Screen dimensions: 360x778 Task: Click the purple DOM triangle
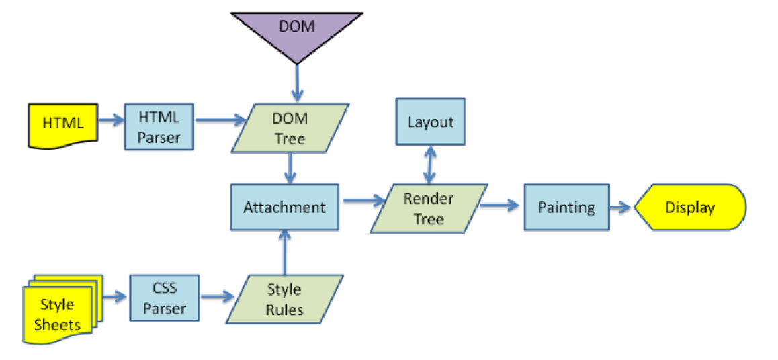click(297, 30)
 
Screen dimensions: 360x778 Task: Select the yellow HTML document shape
click(63, 124)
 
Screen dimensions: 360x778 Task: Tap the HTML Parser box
click(159, 127)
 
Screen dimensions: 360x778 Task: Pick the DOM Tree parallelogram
click(290, 128)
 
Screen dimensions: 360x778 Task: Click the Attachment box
click(284, 208)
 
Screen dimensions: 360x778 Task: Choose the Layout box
click(431, 122)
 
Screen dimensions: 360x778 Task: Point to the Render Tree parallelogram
click(429, 209)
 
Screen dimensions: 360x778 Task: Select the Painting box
click(566, 207)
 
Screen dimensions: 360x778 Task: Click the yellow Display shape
click(689, 208)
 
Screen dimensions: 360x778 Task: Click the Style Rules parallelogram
click(285, 300)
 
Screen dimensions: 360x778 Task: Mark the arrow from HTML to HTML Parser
click(111, 121)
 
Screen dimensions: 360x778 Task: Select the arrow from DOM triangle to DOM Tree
click(296, 83)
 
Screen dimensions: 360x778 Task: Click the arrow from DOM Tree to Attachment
click(290, 168)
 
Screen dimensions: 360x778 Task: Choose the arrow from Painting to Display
click(621, 208)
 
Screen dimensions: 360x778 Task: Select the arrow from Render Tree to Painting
click(501, 205)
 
